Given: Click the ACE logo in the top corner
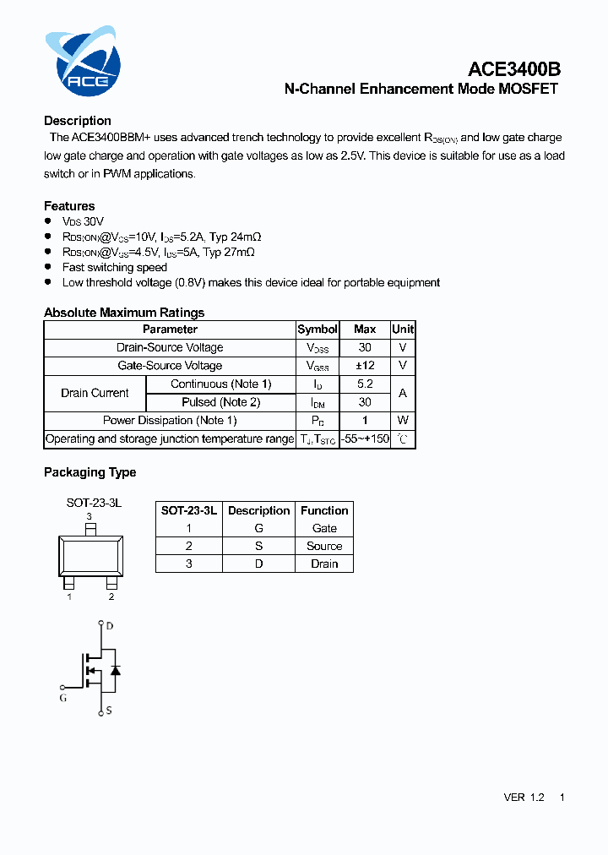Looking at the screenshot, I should pos(83,62).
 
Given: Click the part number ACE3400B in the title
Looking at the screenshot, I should pos(514,69).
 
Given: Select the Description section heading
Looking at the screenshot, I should pos(78,121).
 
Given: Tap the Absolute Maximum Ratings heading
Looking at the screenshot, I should pos(124,313).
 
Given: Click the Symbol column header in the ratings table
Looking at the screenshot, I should pos(318,329).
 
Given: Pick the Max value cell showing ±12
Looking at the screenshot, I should pos(365,366).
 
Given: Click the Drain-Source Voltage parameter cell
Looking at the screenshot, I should pos(170,347).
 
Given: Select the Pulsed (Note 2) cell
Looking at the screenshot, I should pos(221,402).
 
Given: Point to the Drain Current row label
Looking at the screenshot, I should pos(95,393).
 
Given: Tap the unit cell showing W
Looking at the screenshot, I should pos(403,421).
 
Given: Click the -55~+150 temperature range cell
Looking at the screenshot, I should pos(365,439).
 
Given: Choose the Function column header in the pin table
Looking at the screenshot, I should pos(324,510).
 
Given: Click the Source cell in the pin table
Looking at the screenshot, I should pos(324,546).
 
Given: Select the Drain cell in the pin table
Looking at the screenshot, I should pos(324,564).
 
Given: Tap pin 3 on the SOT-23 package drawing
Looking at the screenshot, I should pos(90,529).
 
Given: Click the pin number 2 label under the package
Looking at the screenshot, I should pos(111,596).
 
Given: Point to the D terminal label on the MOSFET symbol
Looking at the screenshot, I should pos(110,626).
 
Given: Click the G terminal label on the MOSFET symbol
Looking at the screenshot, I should pos(63,698).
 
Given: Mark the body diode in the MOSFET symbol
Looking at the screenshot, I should pos(116,669).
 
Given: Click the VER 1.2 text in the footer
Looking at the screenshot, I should pos(524,798).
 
